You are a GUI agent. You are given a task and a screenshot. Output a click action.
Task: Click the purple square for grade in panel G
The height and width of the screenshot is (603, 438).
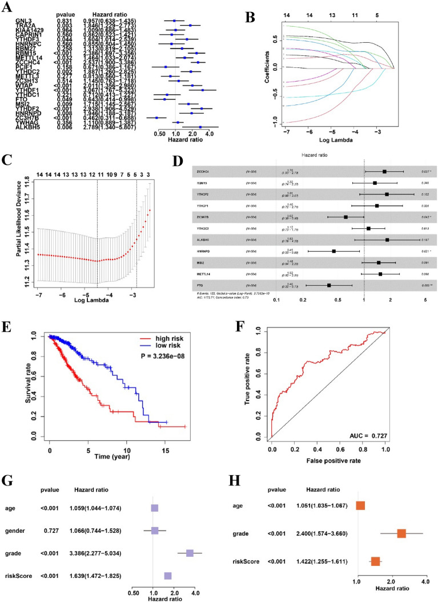coord(190,553)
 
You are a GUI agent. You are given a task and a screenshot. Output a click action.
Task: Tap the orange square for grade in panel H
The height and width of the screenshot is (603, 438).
coord(401,533)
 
